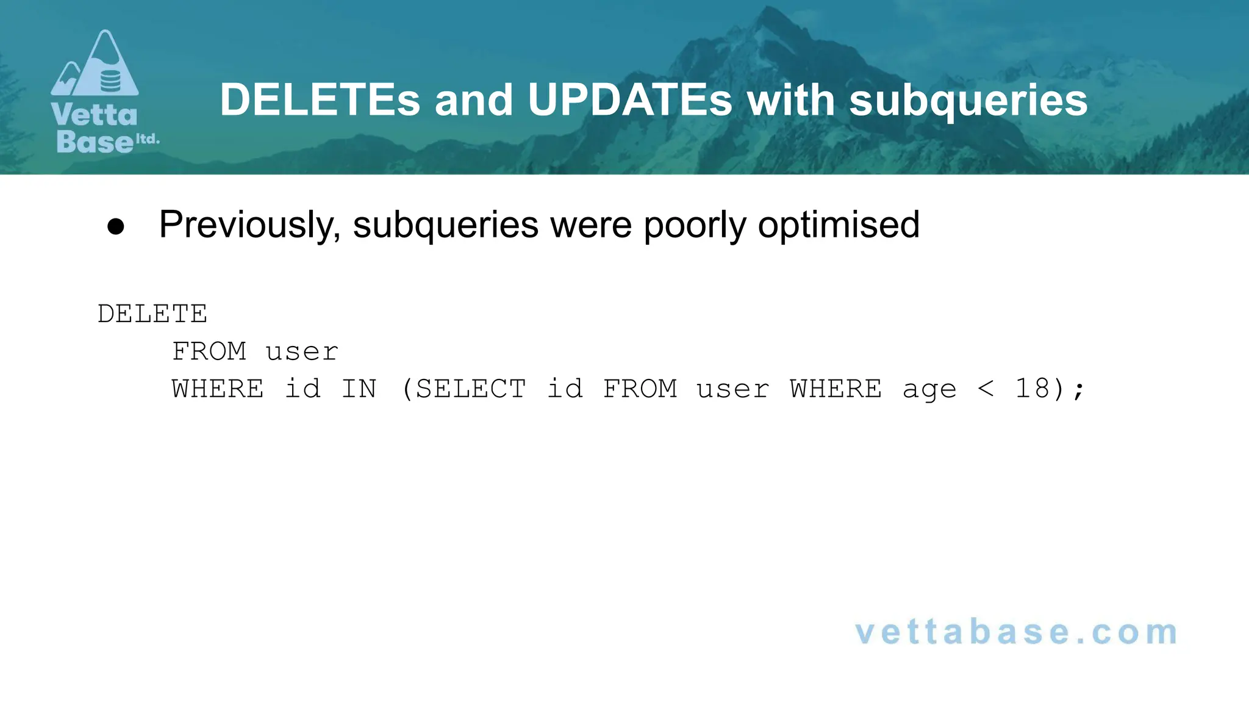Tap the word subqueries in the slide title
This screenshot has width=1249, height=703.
(x=968, y=101)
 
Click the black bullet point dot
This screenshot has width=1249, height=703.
(x=116, y=227)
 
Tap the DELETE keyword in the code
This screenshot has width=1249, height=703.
(x=152, y=314)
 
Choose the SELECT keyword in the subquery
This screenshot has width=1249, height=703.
(x=471, y=389)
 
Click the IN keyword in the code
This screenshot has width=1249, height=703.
(x=359, y=389)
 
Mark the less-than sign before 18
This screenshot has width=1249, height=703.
(x=986, y=389)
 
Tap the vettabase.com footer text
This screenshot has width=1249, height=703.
(x=1016, y=632)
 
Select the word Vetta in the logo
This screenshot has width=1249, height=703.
(x=95, y=115)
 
